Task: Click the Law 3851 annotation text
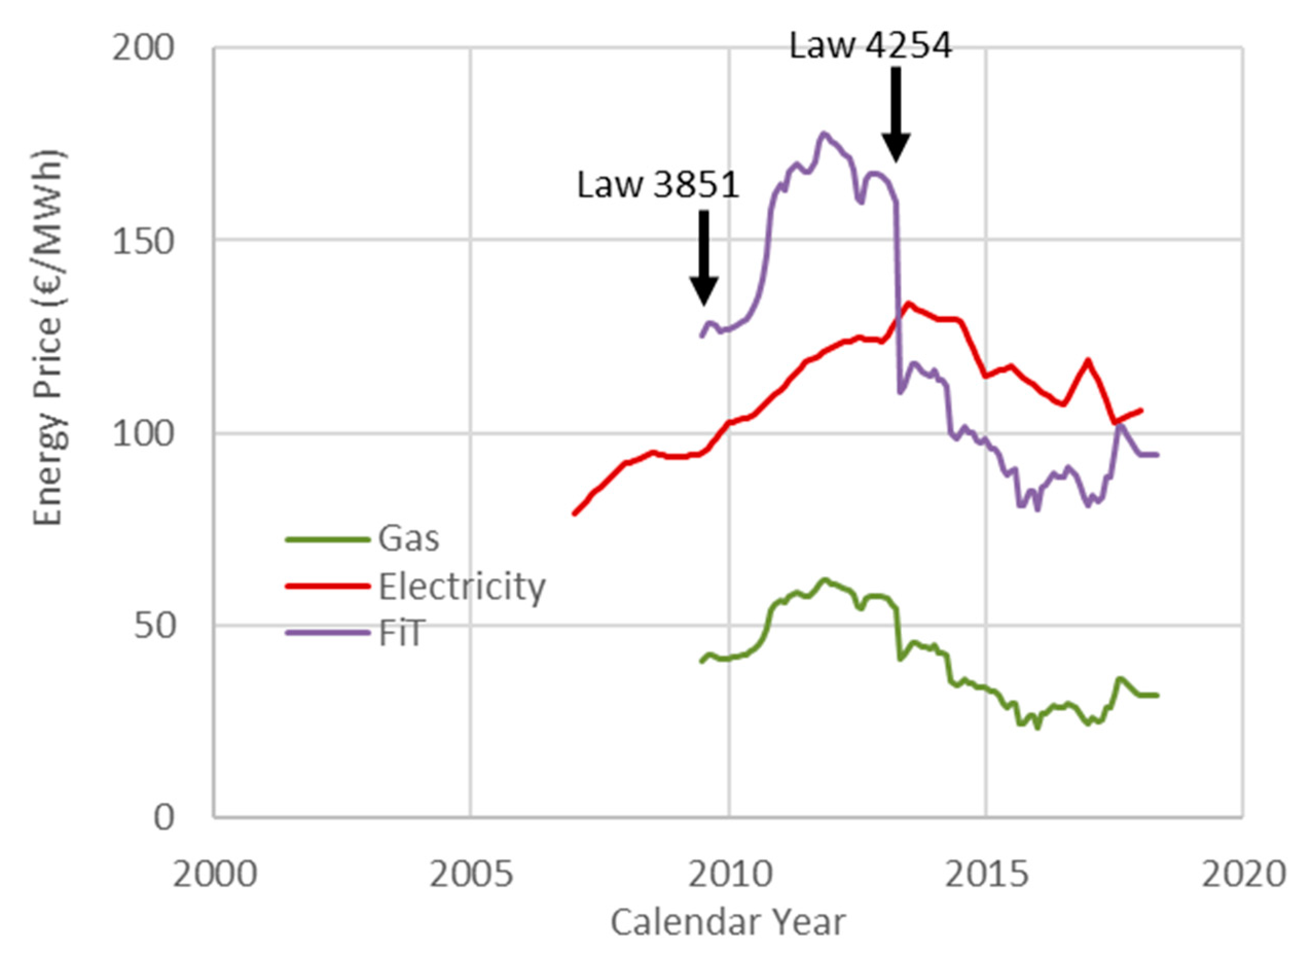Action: (658, 185)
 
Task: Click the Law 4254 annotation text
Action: (870, 45)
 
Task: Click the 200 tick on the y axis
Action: (143, 48)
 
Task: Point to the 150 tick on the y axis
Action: (143, 240)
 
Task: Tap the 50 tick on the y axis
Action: (154, 626)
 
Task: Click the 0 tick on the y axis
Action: (165, 818)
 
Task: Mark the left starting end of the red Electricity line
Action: (574, 514)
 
